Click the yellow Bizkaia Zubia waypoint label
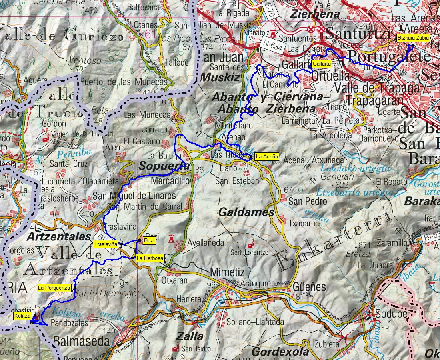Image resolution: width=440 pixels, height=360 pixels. (413, 38)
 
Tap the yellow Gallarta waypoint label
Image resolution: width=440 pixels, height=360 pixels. (322, 64)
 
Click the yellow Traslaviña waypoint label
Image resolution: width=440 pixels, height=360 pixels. (106, 244)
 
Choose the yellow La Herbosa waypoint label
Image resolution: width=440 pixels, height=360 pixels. (150, 258)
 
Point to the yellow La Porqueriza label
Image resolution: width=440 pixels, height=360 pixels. (55, 287)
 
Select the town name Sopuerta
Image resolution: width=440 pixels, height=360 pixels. (164, 166)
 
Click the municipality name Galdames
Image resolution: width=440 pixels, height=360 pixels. (246, 212)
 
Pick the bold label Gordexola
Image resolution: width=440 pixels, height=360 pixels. (280, 351)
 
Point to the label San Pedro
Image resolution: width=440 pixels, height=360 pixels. (308, 201)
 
